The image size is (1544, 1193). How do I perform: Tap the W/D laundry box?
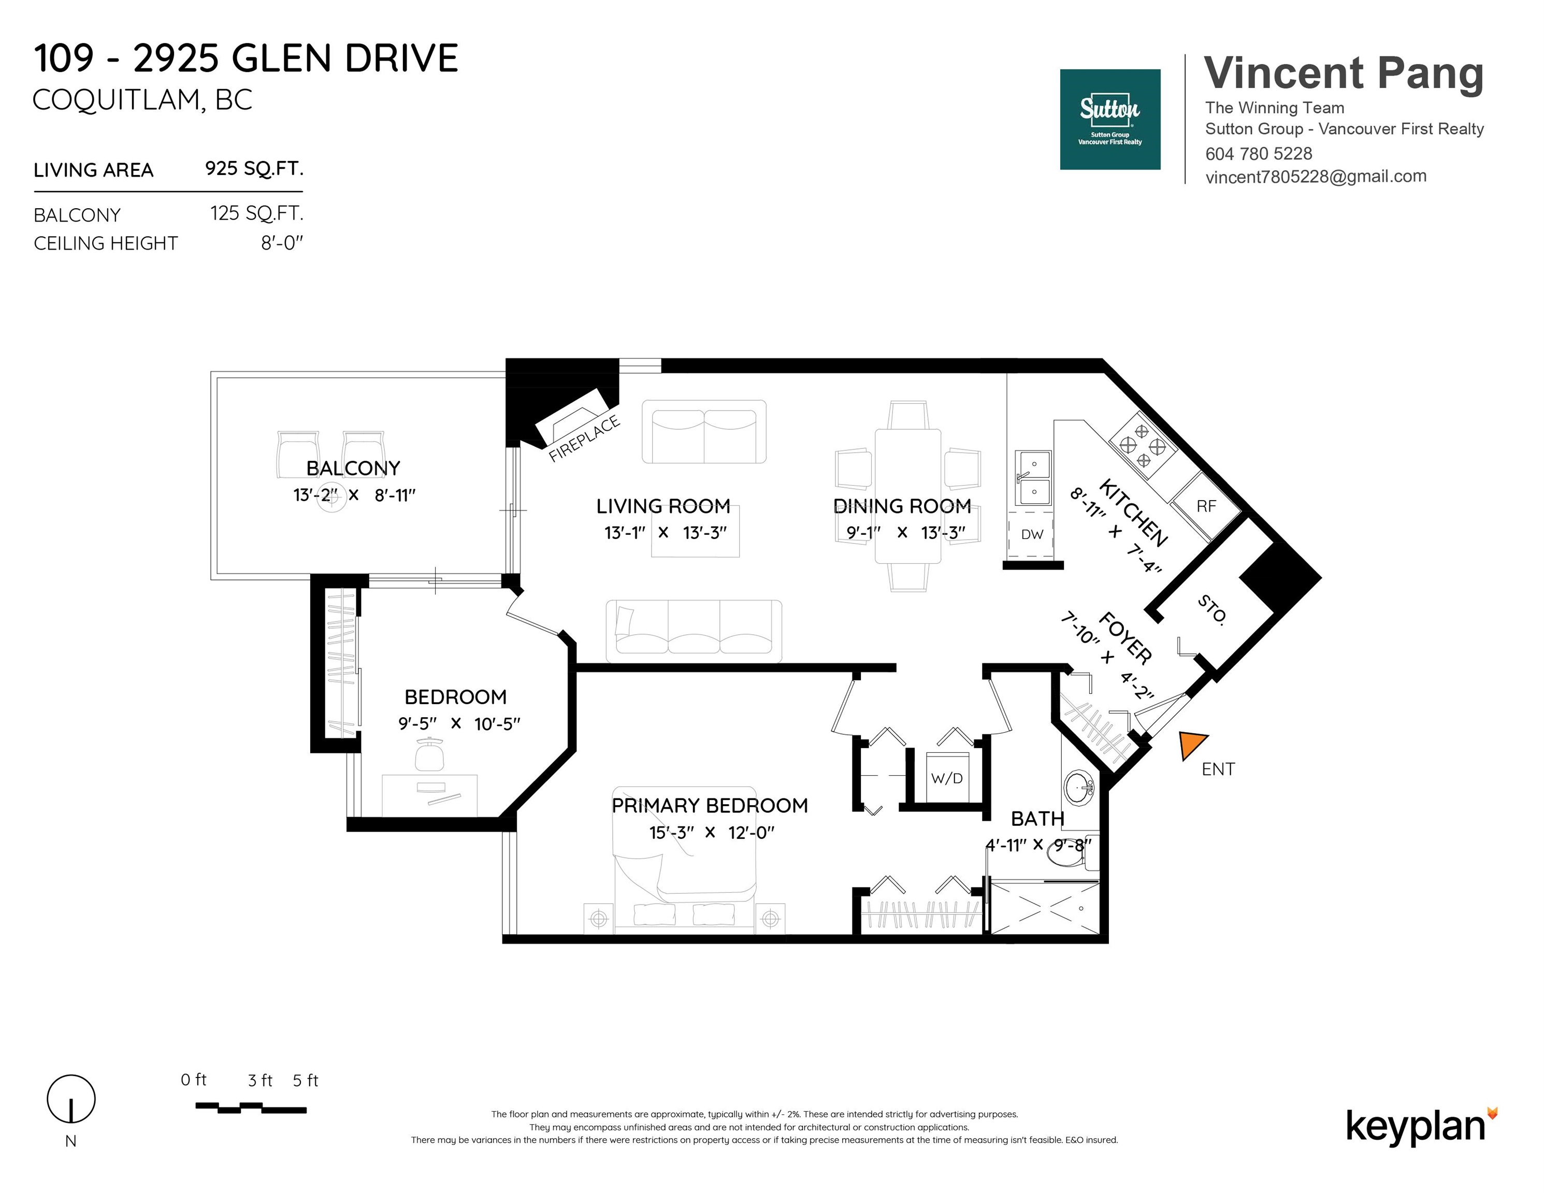pyautogui.click(x=947, y=776)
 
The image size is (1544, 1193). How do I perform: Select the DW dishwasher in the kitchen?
pyautogui.click(x=1032, y=534)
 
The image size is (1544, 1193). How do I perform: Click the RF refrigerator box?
pyautogui.click(x=1207, y=506)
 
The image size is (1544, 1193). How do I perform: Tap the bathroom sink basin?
pyautogui.click(x=1079, y=787)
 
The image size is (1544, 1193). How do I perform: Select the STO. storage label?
pyautogui.click(x=1211, y=609)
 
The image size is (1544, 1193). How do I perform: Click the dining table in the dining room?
pyautogui.click(x=908, y=496)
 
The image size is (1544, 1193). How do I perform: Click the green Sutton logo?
pyautogui.click(x=1110, y=120)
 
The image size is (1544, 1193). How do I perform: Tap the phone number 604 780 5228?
pyautogui.click(x=1259, y=153)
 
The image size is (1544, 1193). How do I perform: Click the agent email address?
pyautogui.click(x=1316, y=177)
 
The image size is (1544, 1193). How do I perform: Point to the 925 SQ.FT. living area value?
pyautogui.click(x=254, y=169)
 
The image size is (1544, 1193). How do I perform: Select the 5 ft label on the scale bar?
pyautogui.click(x=306, y=1081)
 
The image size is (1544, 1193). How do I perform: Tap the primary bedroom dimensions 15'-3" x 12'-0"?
pyautogui.click(x=712, y=833)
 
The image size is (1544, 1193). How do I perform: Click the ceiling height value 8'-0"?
pyautogui.click(x=282, y=243)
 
